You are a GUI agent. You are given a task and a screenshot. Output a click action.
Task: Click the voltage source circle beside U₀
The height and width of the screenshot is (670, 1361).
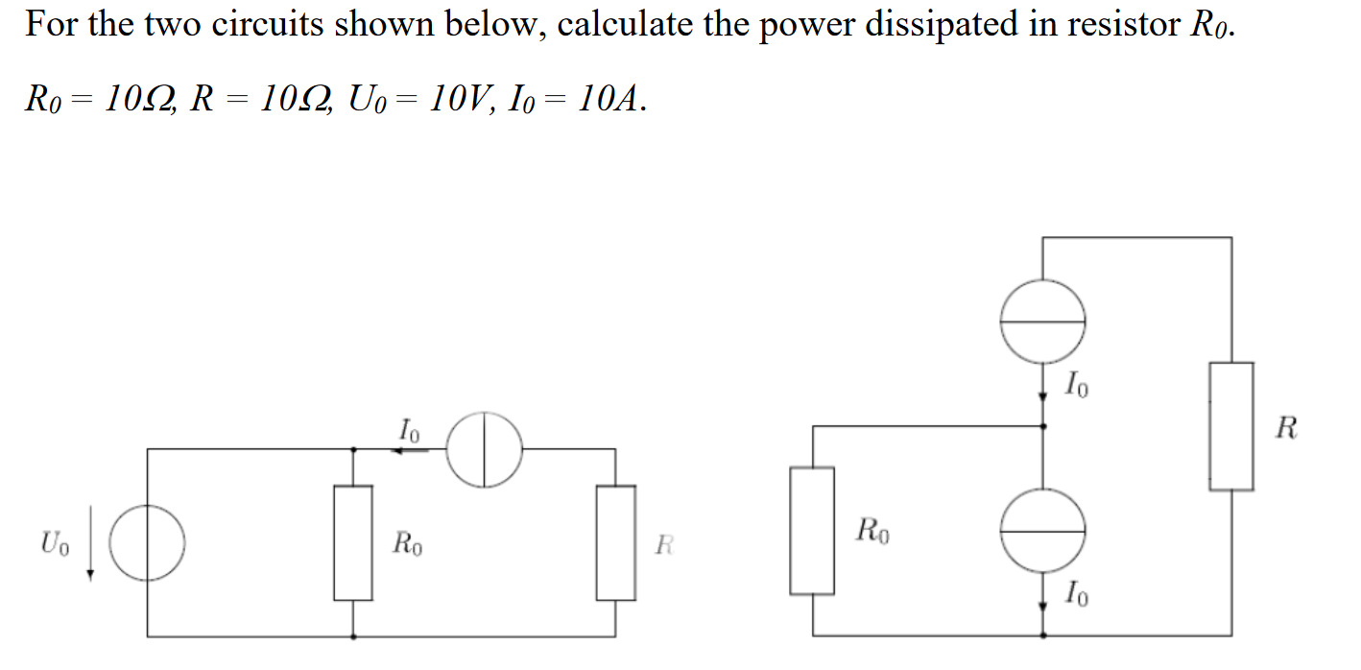147,542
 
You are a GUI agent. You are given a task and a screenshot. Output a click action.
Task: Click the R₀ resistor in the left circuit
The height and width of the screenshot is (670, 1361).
353,542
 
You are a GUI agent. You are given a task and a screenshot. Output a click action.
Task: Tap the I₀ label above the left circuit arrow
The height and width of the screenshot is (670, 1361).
409,428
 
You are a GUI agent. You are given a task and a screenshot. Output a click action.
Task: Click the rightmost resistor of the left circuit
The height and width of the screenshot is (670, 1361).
615,542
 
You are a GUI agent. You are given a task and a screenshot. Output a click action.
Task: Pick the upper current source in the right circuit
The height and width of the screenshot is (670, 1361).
1043,322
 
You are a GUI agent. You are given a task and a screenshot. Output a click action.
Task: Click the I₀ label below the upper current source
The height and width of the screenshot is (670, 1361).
1077,386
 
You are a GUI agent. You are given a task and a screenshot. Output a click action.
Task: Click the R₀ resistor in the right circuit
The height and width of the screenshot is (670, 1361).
812,529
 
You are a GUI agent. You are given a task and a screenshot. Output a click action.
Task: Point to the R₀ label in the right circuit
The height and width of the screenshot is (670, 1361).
873,529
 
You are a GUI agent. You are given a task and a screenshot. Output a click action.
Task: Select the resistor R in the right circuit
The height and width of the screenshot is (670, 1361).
1231,426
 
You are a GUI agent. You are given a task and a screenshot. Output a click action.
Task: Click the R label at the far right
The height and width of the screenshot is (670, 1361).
1287,428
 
